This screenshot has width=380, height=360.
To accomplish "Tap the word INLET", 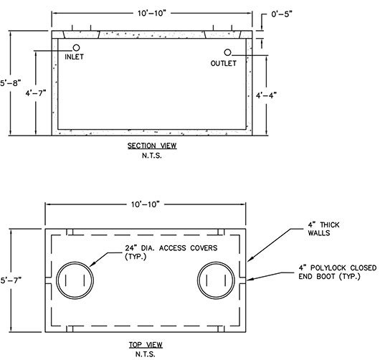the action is tap(74, 57).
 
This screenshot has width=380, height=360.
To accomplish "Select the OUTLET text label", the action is tap(223, 64).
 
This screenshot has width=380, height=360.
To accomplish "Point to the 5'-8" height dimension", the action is tap(10, 83).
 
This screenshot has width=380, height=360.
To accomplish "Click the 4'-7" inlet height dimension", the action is tap(36, 93).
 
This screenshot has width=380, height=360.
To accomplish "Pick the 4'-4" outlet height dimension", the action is tap(266, 95).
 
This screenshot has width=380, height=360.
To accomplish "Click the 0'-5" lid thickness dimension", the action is tap(282, 14).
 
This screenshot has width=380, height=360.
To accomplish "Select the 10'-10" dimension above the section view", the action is tap(152, 14).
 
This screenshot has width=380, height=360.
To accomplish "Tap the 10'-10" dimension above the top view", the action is tap(146, 204).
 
